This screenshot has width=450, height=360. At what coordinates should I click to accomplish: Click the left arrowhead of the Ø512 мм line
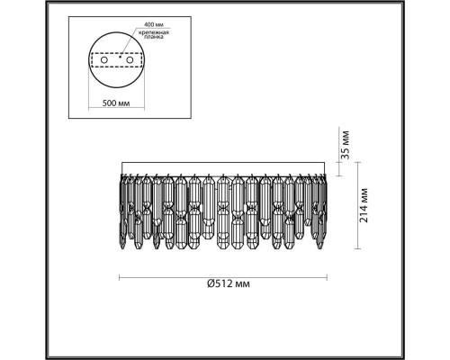[121, 274]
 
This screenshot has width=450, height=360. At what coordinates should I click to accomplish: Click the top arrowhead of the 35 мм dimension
[340, 164]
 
